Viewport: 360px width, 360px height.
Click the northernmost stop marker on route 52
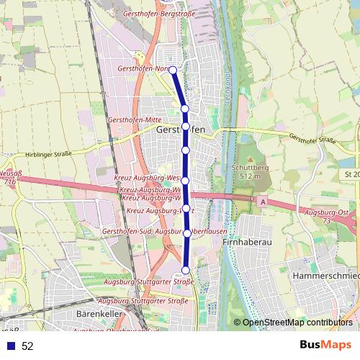pyautogui.click(x=173, y=70)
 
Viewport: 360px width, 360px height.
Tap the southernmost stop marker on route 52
pyautogui.click(x=185, y=270)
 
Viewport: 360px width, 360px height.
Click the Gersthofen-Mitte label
pyautogui.click(x=133, y=119)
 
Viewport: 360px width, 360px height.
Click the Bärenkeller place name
pyautogui.click(x=96, y=315)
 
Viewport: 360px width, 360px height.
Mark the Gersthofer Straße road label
pyautogui.click(x=312, y=139)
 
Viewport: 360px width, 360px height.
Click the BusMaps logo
pyautogui.click(x=325, y=346)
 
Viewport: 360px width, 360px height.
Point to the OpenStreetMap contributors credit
pyautogui.click(x=297, y=323)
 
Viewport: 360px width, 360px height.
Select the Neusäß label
pyautogui.click(x=9, y=174)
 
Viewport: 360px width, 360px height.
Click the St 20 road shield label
pyautogui.click(x=351, y=175)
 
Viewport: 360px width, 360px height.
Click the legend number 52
pyautogui.click(x=27, y=346)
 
